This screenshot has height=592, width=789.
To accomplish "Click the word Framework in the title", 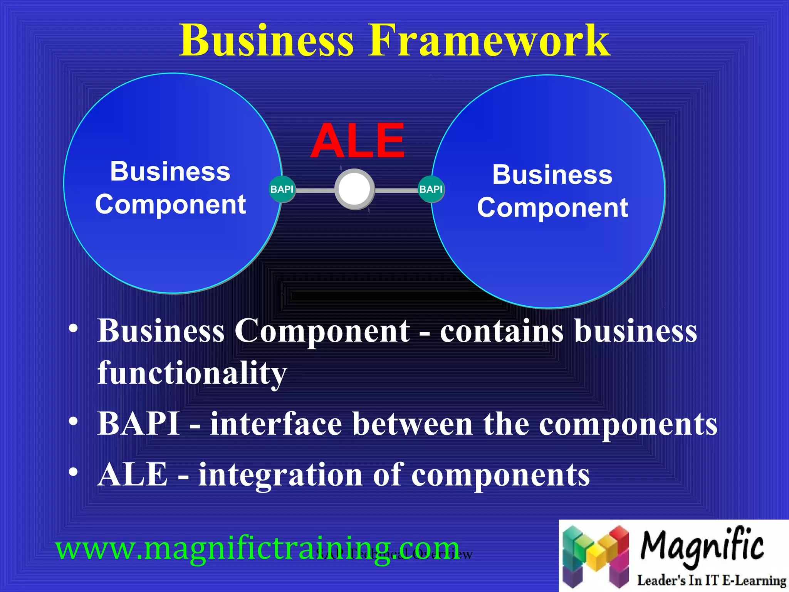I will (x=489, y=40).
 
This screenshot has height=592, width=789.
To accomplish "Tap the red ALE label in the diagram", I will (x=358, y=141).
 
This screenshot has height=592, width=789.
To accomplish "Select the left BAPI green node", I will (x=282, y=189).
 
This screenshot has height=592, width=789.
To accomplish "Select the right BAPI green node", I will (x=431, y=189).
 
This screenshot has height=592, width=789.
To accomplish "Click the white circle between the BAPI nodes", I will (x=354, y=189).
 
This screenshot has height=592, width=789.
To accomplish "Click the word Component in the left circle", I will (x=170, y=204).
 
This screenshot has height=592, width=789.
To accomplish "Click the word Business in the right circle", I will (x=552, y=175).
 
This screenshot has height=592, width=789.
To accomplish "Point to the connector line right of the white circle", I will (x=396, y=190).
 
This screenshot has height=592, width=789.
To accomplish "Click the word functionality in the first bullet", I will (x=192, y=373).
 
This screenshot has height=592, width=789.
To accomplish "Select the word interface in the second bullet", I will (x=276, y=424).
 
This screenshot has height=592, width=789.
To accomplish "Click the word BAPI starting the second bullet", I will (x=138, y=424).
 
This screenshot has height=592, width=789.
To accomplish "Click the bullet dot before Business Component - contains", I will (x=73, y=329).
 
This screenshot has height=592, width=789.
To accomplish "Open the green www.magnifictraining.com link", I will (x=257, y=548).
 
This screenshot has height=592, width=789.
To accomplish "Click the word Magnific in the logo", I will (x=702, y=546).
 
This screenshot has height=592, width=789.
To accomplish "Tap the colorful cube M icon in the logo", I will (x=595, y=555).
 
